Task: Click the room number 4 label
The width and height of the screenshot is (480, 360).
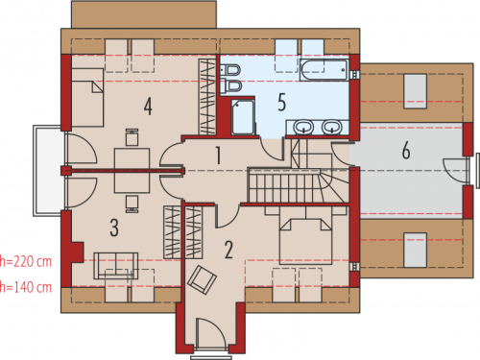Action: pos(148,107)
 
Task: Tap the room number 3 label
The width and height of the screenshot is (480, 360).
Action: pos(114,228)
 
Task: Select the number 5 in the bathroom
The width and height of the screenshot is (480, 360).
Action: pos(281,103)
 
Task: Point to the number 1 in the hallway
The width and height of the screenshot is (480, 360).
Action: pos(218,156)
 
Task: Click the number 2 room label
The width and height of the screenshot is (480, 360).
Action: pos(228,250)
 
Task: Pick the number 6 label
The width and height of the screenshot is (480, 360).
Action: pos(406,150)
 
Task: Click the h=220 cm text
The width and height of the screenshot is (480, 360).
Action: pos(26,262)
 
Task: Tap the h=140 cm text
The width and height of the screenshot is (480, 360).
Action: pos(26,287)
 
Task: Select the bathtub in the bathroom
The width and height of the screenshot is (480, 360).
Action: pos(324,70)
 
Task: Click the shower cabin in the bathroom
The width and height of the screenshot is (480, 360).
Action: pos(243,116)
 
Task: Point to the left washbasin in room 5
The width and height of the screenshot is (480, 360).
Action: pos(303,127)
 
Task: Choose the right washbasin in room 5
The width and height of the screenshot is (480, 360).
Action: pos(331,127)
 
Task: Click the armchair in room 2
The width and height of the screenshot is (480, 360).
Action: pos(202,279)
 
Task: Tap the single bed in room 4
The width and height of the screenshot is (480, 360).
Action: pos(87,97)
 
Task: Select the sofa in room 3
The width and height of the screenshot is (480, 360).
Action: pos(116,266)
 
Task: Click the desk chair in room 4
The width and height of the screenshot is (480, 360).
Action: pos(132,137)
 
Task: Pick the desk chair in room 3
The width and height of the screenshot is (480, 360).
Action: pos(132,204)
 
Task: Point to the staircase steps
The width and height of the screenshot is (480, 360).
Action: pos(284,186)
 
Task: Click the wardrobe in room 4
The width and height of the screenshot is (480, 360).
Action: pos(206,97)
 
